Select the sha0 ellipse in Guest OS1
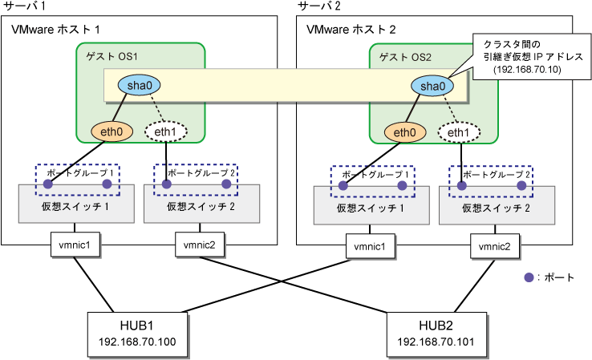(x=134, y=85)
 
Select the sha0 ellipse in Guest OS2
(x=428, y=85)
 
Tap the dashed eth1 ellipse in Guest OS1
(x=165, y=132)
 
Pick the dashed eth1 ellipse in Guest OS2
(x=459, y=132)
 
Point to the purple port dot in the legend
(x=529, y=277)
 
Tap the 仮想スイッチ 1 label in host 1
(x=68, y=206)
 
